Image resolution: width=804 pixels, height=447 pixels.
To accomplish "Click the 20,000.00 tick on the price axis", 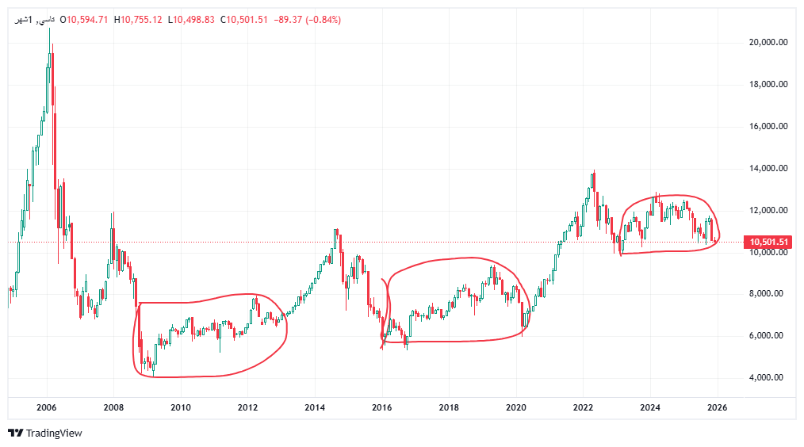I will tap(767, 43).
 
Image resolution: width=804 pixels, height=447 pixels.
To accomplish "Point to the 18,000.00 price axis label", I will tap(767, 85).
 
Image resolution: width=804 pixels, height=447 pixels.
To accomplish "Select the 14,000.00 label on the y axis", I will tap(767, 169).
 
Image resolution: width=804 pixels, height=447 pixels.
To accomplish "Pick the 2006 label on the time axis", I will tap(47, 408).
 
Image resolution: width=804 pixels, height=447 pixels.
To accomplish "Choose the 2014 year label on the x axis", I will tap(315, 408).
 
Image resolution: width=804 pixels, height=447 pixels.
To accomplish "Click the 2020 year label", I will tap(516, 408).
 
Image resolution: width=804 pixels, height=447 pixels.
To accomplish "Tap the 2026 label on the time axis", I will tap(717, 408).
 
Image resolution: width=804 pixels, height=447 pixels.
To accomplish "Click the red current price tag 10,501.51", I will tap(767, 242).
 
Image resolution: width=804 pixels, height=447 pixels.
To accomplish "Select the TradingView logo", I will tap(45, 434).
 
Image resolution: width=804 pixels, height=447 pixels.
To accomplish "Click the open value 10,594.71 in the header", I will tap(87, 19).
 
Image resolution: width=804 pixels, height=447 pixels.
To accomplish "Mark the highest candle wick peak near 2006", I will tap(50, 29).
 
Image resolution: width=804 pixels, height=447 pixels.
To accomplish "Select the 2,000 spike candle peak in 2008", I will tap(113, 213).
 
